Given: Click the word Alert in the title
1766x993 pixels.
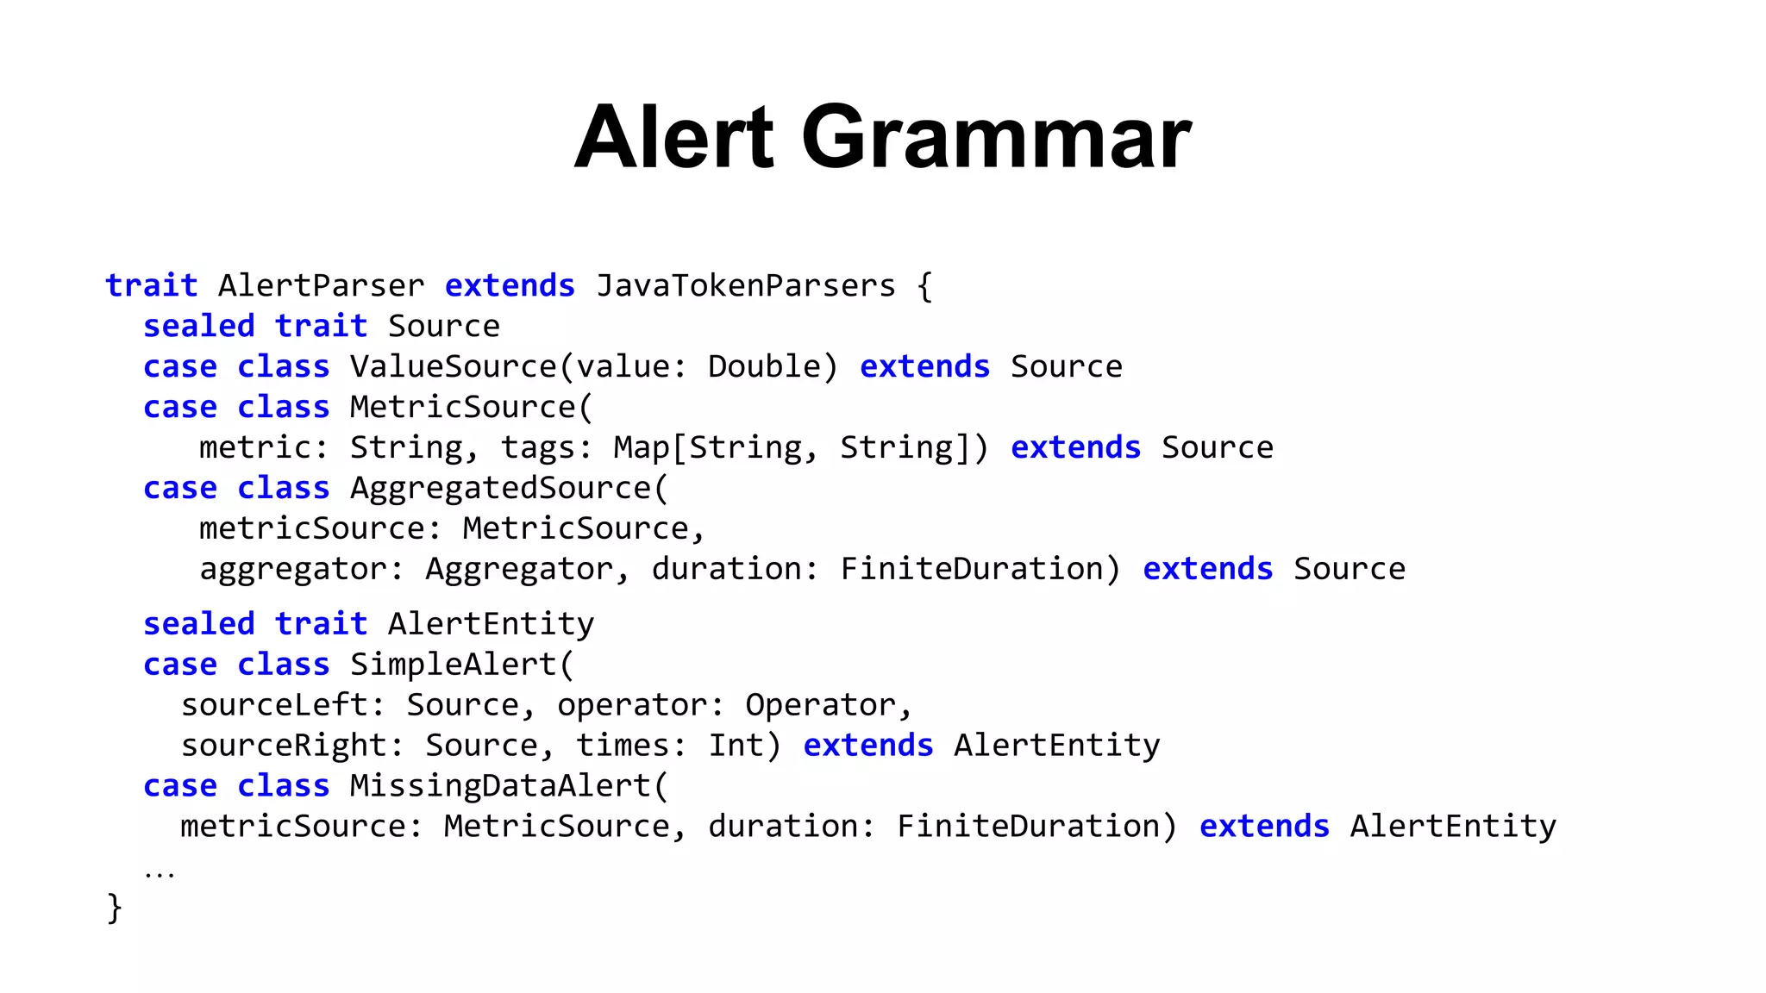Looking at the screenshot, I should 674,138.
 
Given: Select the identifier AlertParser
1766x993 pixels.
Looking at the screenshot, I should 321,285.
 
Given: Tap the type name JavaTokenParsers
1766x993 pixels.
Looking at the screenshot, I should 746,285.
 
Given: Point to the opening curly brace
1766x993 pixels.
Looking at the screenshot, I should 924,285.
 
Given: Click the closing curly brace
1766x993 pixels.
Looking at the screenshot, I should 114,908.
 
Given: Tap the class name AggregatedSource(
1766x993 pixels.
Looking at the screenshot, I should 509,488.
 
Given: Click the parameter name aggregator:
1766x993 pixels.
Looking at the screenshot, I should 302,569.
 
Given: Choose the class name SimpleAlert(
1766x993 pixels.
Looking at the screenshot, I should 461,665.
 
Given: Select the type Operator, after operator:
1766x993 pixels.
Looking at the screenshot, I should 829,705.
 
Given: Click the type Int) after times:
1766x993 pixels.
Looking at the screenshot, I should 745,746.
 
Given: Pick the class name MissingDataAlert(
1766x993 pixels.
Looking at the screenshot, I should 509,786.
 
